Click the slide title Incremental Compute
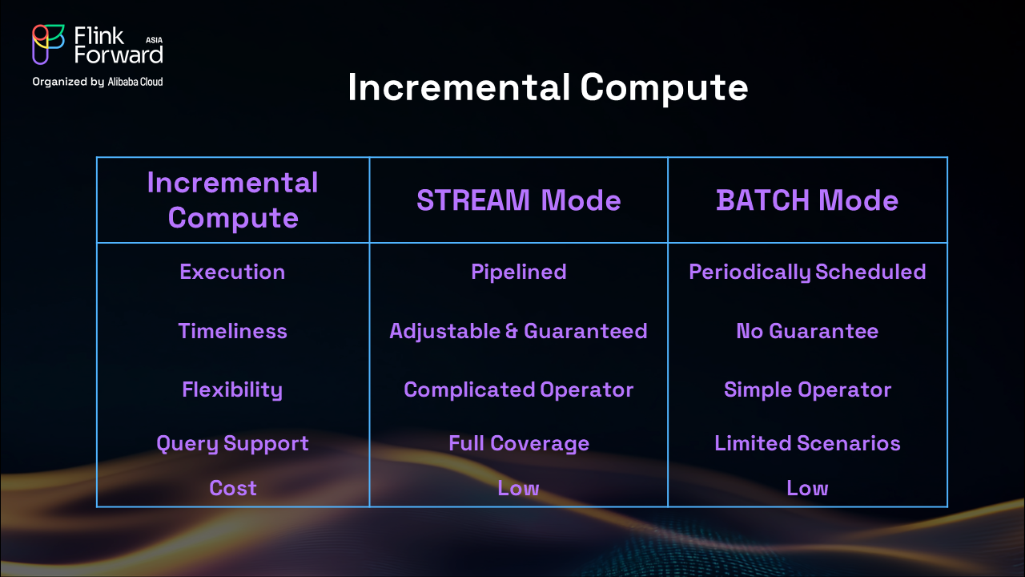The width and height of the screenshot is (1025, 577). point(548,88)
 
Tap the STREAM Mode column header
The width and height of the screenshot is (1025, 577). point(518,200)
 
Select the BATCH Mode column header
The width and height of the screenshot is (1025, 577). point(807,200)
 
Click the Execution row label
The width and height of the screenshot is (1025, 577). point(232,272)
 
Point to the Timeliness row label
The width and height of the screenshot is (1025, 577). point(232,331)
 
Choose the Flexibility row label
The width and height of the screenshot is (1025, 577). point(232,390)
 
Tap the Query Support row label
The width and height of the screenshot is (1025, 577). point(232,444)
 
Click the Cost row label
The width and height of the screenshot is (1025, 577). point(232,488)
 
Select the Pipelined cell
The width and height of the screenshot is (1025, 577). point(518,272)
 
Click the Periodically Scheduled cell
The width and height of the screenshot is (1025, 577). point(807,272)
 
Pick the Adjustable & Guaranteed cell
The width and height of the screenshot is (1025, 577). point(518,332)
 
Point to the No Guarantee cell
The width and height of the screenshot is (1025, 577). point(807,331)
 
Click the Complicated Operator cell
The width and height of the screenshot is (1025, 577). point(518,390)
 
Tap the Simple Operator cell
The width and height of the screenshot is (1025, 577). point(807,390)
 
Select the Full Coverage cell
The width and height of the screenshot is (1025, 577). point(518,444)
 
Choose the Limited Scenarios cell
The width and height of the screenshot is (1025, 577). point(807,443)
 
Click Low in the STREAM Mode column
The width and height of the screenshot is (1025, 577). point(518,488)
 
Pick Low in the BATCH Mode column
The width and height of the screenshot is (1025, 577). point(807,488)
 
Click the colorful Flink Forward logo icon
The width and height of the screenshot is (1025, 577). point(47,44)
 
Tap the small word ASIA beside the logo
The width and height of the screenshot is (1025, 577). point(155,40)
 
